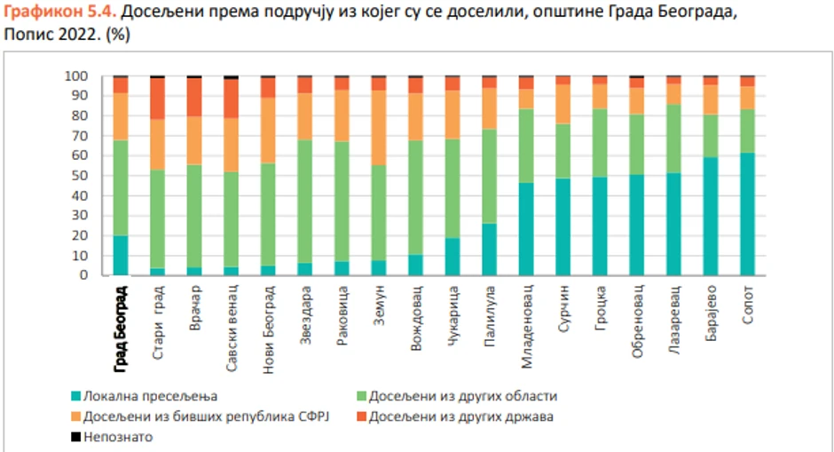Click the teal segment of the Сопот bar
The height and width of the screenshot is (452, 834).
click(748, 213)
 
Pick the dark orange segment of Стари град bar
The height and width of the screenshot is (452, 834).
click(158, 99)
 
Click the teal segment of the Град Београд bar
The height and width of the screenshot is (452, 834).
click(121, 255)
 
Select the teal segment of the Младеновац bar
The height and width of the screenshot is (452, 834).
click(526, 228)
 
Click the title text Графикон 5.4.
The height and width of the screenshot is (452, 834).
click(58, 14)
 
